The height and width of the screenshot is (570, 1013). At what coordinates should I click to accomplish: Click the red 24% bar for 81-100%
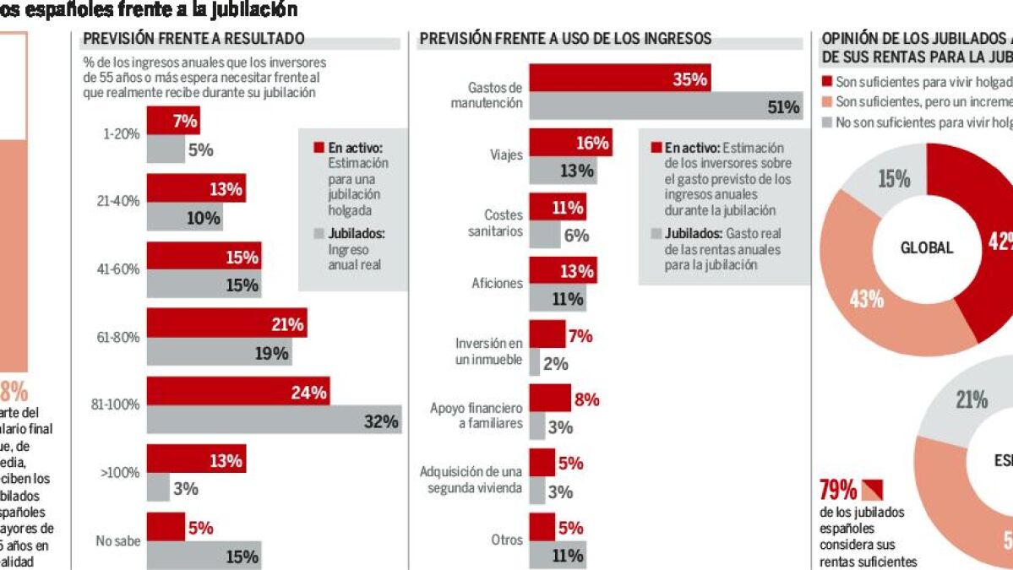pyautogui.click(x=237, y=392)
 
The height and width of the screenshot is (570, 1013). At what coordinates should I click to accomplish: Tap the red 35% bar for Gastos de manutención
pyautogui.click(x=619, y=79)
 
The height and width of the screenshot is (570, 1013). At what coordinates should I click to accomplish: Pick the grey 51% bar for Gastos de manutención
pyautogui.click(x=666, y=106)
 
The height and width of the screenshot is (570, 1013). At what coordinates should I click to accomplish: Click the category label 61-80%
pyautogui.click(x=118, y=338)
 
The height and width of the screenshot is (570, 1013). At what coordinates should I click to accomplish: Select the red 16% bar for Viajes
pyautogui.click(x=570, y=143)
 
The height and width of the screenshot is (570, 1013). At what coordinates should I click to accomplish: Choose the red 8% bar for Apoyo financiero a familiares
pyautogui.click(x=550, y=399)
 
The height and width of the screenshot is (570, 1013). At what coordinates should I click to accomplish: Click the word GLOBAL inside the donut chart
pyautogui.click(x=926, y=248)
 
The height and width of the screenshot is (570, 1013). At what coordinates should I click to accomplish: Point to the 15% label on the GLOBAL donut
pyautogui.click(x=894, y=180)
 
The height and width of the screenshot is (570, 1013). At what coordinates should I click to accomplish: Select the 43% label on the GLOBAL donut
pyautogui.click(x=866, y=298)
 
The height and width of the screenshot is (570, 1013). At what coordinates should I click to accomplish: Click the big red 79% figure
pyautogui.click(x=837, y=491)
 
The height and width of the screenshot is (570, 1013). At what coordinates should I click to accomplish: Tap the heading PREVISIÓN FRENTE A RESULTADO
pyautogui.click(x=193, y=39)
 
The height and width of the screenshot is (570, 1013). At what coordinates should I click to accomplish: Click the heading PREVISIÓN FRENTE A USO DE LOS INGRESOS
pyautogui.click(x=565, y=39)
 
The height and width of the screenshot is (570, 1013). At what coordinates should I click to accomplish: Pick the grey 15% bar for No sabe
pyautogui.click(x=204, y=556)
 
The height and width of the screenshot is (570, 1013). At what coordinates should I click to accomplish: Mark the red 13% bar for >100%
pyautogui.click(x=196, y=460)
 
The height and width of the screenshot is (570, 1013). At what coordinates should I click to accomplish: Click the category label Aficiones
pyautogui.click(x=497, y=284)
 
